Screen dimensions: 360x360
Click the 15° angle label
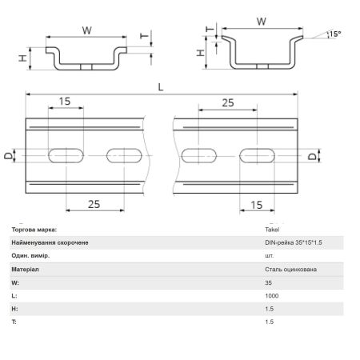point(335,34)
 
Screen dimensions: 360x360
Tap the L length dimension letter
point(161,87)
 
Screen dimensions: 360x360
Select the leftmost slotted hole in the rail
point(66,155)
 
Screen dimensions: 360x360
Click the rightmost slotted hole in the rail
point(257,156)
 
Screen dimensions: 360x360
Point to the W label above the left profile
point(87,30)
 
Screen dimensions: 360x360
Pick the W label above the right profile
point(262,22)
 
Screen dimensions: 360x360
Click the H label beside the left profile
point(23,58)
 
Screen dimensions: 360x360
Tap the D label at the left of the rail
point(9,156)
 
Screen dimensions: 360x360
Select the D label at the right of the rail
point(312,156)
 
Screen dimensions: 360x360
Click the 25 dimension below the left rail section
point(94,204)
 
